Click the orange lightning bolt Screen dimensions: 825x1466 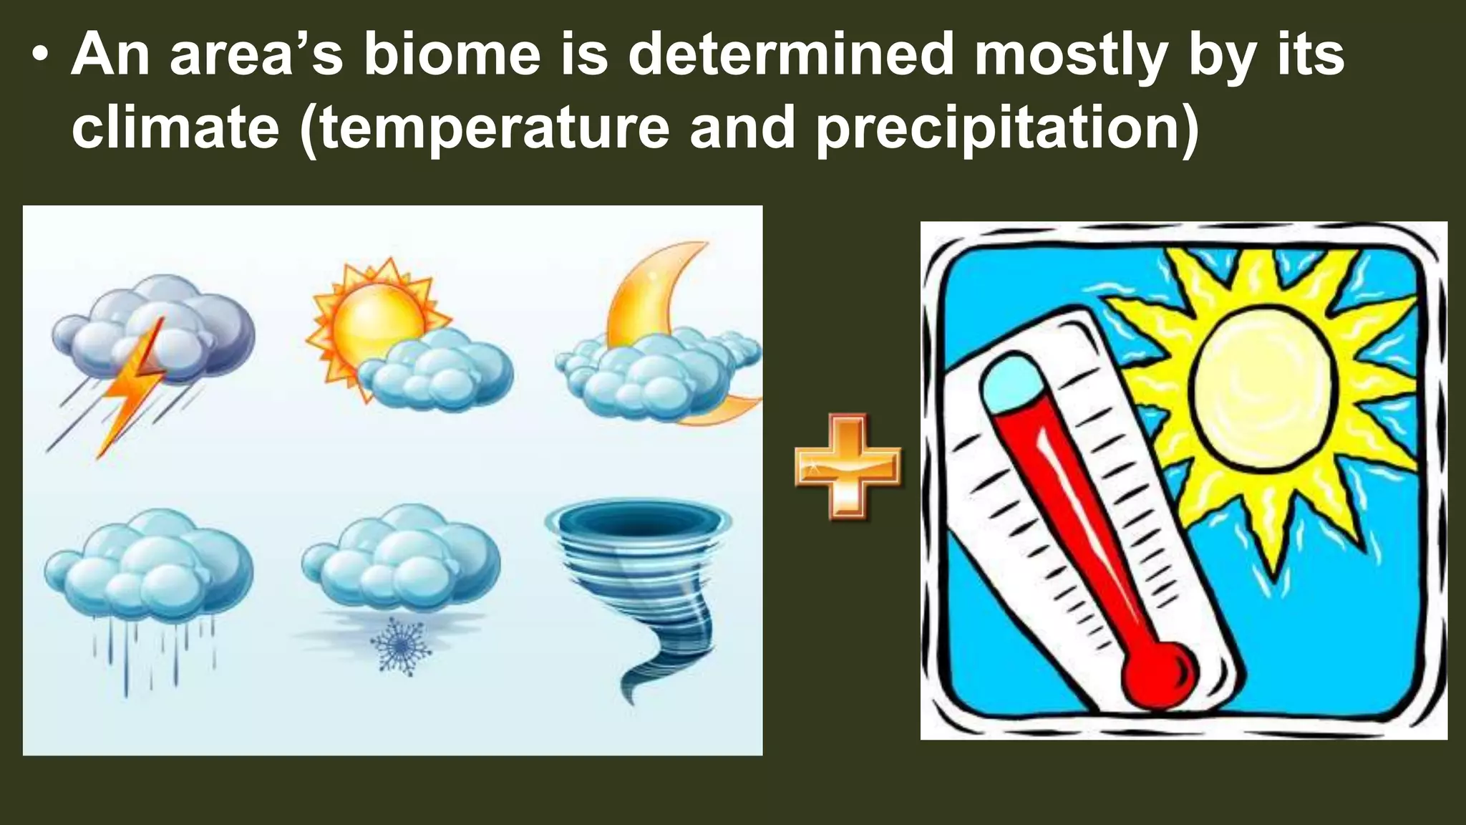click(x=132, y=387)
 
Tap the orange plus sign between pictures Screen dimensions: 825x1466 click(x=848, y=466)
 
